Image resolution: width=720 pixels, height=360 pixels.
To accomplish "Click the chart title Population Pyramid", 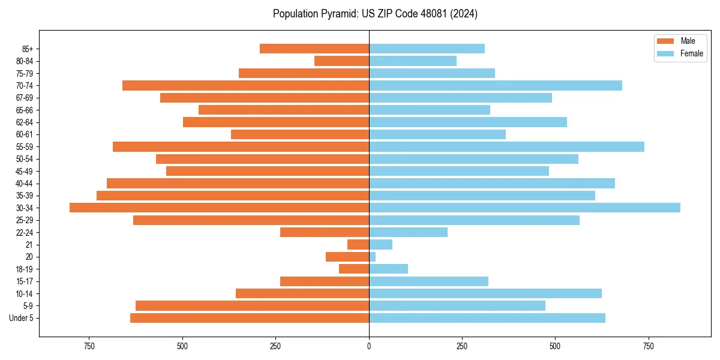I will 375,14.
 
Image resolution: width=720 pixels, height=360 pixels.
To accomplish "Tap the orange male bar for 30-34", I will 219,208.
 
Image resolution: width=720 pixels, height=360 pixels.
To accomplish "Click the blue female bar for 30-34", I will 524,208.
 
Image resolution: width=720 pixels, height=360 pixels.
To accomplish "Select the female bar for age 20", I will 373,257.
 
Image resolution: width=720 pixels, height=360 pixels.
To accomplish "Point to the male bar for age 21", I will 358,245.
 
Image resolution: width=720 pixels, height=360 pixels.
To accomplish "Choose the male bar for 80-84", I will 341,61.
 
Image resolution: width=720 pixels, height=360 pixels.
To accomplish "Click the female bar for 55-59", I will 506,146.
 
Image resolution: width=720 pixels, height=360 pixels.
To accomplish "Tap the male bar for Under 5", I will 250,318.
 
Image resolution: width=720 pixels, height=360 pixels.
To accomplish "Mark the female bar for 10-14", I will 485,293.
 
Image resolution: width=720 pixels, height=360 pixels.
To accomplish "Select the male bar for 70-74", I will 245,85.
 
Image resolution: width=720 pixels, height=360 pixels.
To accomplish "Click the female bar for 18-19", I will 388,269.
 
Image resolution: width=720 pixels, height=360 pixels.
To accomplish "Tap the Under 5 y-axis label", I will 21,318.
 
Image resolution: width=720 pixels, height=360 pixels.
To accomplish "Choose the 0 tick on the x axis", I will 369,346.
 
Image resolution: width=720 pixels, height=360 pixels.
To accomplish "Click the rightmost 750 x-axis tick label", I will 648,346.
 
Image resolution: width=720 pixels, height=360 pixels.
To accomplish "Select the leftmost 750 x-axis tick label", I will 89,346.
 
